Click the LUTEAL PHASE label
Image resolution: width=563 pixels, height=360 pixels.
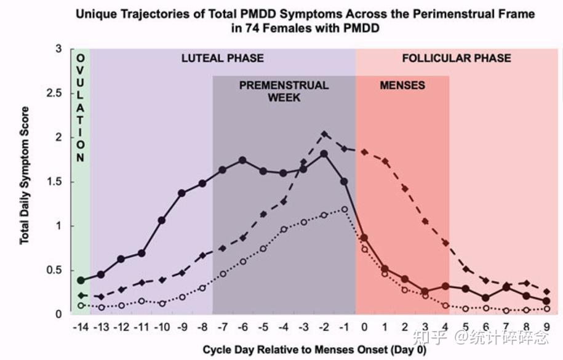(x=222, y=58)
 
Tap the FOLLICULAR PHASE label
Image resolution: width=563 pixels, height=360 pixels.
(x=457, y=58)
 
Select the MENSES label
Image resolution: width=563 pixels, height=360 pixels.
(x=402, y=85)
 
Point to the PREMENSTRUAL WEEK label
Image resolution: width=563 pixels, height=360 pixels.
(x=284, y=91)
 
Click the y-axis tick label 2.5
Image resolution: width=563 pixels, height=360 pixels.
(x=55, y=93)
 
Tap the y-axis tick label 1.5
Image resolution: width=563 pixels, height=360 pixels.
(x=55, y=182)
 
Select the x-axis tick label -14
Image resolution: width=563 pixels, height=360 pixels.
(x=81, y=326)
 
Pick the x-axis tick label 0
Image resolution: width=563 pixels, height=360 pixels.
(x=364, y=326)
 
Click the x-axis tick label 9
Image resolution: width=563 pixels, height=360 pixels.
(x=547, y=326)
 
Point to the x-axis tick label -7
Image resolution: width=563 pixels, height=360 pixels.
(x=223, y=326)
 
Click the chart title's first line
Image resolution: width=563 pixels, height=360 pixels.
(x=305, y=14)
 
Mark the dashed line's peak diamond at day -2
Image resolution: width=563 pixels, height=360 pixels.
(x=324, y=134)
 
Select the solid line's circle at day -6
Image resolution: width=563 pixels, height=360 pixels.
(x=242, y=160)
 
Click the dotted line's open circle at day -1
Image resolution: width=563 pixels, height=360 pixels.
(x=344, y=209)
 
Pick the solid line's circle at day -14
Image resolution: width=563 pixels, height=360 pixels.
(x=81, y=280)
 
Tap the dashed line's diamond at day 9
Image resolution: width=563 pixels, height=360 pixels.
(x=547, y=291)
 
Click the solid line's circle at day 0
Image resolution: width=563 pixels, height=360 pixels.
(x=364, y=238)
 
